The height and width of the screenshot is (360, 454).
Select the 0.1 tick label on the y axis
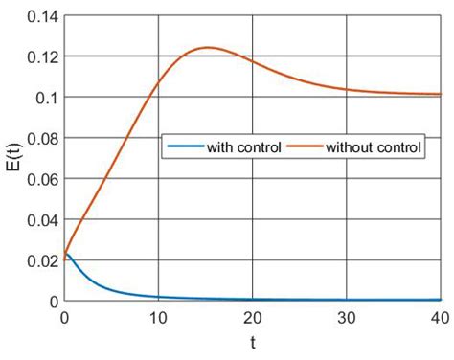pyautogui.click(x=42, y=98)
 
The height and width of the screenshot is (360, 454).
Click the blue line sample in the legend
pyautogui.click(x=186, y=148)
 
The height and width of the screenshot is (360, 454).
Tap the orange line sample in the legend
pyautogui.click(x=305, y=148)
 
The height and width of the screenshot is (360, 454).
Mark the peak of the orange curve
pyautogui.click(x=206, y=48)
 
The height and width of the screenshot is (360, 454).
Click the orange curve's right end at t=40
pyautogui.click(x=440, y=95)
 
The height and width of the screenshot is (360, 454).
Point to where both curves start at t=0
pyautogui.click(x=64, y=254)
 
